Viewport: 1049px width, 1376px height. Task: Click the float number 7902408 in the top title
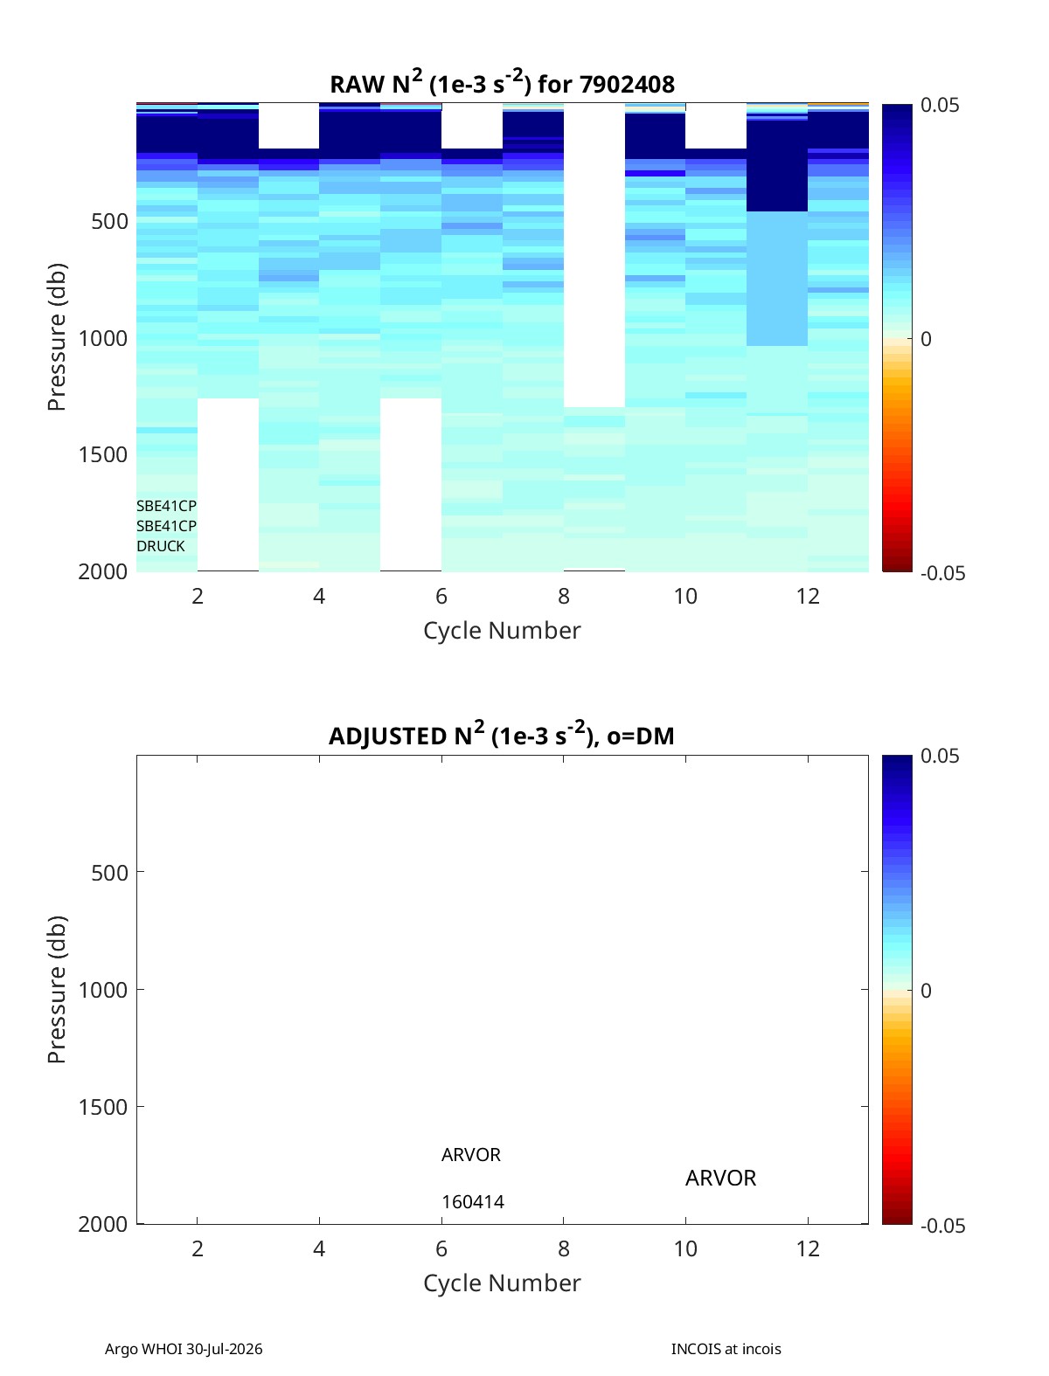point(627,85)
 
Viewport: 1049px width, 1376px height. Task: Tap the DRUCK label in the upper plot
point(161,546)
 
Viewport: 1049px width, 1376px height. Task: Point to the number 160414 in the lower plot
point(473,1202)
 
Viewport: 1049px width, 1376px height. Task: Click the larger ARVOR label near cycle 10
point(720,1178)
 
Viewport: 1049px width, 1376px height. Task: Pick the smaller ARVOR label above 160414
point(471,1155)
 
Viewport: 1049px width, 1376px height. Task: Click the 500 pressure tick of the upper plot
point(110,221)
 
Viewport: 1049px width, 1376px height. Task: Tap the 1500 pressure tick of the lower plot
point(103,1107)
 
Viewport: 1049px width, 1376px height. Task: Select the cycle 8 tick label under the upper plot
point(564,596)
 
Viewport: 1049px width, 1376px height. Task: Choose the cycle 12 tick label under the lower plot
point(808,1248)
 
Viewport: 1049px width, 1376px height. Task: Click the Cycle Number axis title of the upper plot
point(502,630)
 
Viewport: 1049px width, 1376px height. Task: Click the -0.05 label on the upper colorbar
point(942,573)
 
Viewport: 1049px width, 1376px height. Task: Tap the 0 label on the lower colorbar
point(926,991)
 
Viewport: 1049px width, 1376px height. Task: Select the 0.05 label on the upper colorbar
point(939,105)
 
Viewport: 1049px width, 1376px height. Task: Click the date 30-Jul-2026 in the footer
point(224,1349)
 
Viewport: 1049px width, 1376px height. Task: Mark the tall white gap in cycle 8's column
point(594,255)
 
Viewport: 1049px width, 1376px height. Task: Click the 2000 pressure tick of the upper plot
point(103,571)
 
